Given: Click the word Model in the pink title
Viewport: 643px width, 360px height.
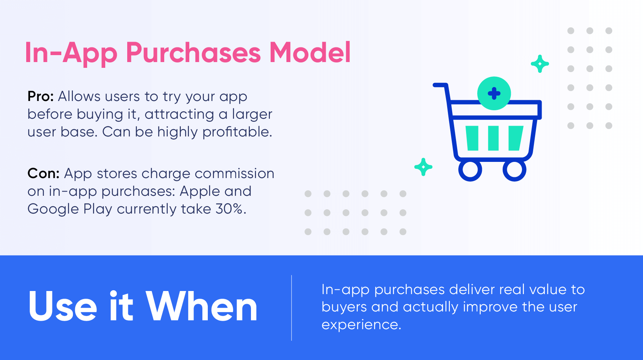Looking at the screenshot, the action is (310, 52).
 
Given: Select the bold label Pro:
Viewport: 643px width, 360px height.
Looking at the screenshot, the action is (40, 96).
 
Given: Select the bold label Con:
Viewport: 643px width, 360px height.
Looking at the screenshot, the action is (43, 173).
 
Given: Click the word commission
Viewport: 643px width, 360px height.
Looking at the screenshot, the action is (234, 173).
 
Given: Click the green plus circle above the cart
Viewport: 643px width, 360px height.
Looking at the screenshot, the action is (494, 93).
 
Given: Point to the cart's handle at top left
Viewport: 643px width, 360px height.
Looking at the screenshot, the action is (441, 85).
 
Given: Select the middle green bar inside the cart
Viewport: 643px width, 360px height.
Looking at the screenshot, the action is (493, 138).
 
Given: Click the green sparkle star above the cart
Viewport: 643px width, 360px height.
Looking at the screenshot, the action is (540, 64).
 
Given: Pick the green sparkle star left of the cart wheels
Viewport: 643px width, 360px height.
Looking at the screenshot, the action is (423, 167).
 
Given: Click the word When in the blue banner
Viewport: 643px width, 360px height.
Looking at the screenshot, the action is (202, 306).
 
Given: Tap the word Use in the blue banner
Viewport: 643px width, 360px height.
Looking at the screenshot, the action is (62, 306).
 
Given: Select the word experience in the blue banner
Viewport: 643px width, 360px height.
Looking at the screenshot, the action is (361, 325).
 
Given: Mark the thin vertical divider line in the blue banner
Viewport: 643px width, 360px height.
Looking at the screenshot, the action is (292, 308).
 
